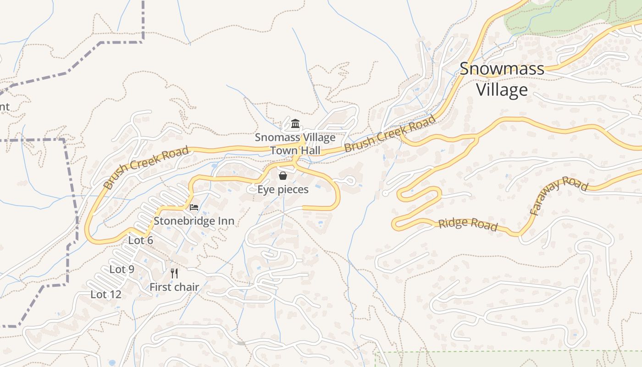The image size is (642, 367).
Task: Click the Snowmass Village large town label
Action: [x=502, y=79]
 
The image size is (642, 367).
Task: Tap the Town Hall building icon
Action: [x=295, y=124]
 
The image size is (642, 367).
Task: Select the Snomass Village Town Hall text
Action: [x=295, y=144]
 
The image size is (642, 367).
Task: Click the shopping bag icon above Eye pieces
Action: [x=283, y=176]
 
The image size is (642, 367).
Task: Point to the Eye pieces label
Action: [x=283, y=189]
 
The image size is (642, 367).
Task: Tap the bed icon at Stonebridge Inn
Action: [x=194, y=207]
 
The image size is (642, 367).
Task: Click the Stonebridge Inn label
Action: [x=194, y=221]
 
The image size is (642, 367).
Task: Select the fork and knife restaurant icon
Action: [x=174, y=273]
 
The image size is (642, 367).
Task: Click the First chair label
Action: [x=174, y=287]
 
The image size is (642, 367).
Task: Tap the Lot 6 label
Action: [x=140, y=240]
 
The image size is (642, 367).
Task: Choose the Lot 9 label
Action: [x=122, y=269]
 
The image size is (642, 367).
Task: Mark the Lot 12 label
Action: [x=106, y=295]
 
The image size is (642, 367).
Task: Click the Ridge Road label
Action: [x=468, y=224]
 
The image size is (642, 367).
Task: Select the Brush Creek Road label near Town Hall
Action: [x=390, y=133]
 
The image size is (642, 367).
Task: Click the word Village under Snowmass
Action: [x=502, y=89]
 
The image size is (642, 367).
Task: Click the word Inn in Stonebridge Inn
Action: [x=226, y=221]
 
